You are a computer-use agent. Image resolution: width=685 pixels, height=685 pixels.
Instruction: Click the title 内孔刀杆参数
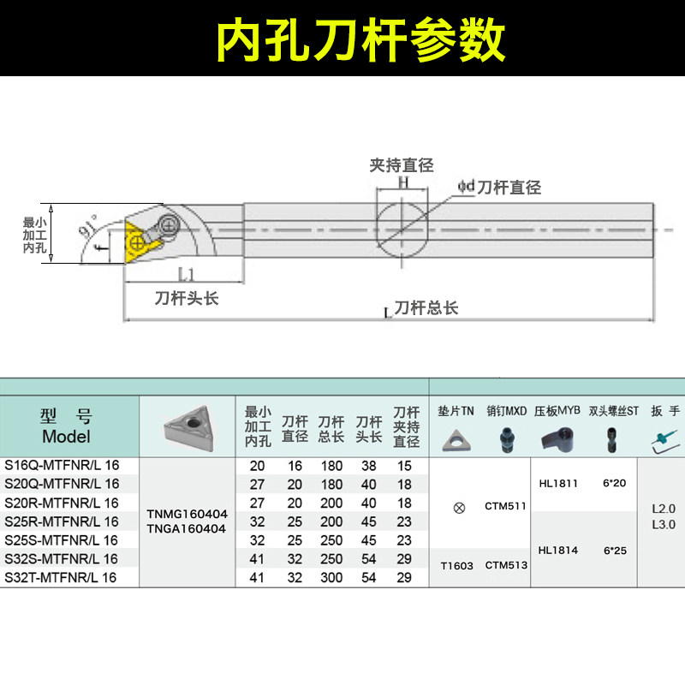tap(360, 39)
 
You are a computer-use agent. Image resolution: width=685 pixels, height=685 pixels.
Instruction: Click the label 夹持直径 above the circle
tap(402, 165)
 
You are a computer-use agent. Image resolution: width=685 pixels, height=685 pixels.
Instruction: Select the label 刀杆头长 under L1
tap(187, 299)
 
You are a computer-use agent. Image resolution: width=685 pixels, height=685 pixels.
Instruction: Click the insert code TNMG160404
tap(188, 514)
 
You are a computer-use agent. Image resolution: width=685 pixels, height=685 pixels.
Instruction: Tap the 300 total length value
tap(331, 578)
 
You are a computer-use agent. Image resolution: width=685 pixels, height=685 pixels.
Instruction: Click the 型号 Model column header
tap(66, 426)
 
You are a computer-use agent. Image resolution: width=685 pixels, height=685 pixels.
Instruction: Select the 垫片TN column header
tap(456, 411)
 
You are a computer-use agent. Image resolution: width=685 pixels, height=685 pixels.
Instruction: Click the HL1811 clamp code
tap(558, 484)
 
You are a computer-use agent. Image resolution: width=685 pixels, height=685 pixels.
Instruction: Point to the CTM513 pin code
tap(506, 565)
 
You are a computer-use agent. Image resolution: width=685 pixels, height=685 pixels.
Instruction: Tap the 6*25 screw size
tap(614, 551)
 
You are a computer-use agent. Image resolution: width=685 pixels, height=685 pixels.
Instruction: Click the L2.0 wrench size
tap(664, 508)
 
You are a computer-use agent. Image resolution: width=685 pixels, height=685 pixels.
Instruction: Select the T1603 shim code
tap(457, 565)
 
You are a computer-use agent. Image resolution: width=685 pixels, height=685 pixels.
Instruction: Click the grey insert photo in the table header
tap(187, 426)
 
